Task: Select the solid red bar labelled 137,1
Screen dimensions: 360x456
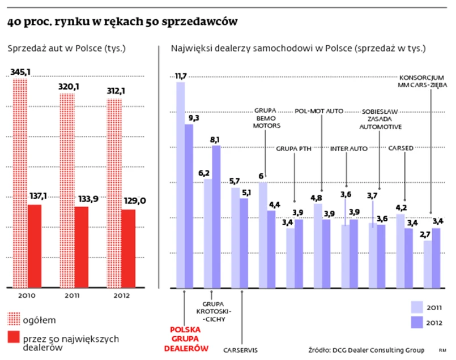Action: [35, 246]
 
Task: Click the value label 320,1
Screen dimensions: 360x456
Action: [71, 87]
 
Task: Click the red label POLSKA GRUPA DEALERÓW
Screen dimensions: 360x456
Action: [186, 338]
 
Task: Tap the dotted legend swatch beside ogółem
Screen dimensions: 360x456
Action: [13, 318]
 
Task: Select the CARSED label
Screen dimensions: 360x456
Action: [401, 148]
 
